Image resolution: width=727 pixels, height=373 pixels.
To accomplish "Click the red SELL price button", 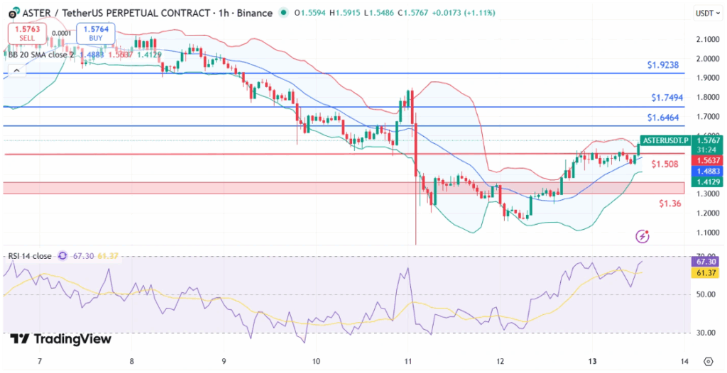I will [27, 33].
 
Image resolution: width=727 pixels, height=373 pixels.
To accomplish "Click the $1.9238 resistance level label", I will [665, 65].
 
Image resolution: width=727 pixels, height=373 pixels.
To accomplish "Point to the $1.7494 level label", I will [665, 98].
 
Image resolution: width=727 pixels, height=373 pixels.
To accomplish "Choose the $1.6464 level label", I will [665, 117].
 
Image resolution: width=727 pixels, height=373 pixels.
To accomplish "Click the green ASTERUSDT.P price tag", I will [665, 140].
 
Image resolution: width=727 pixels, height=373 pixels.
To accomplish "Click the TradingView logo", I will [61, 339].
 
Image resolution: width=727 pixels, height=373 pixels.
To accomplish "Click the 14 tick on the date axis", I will [684, 361].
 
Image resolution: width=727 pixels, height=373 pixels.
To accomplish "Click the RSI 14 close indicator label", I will [30, 256].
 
